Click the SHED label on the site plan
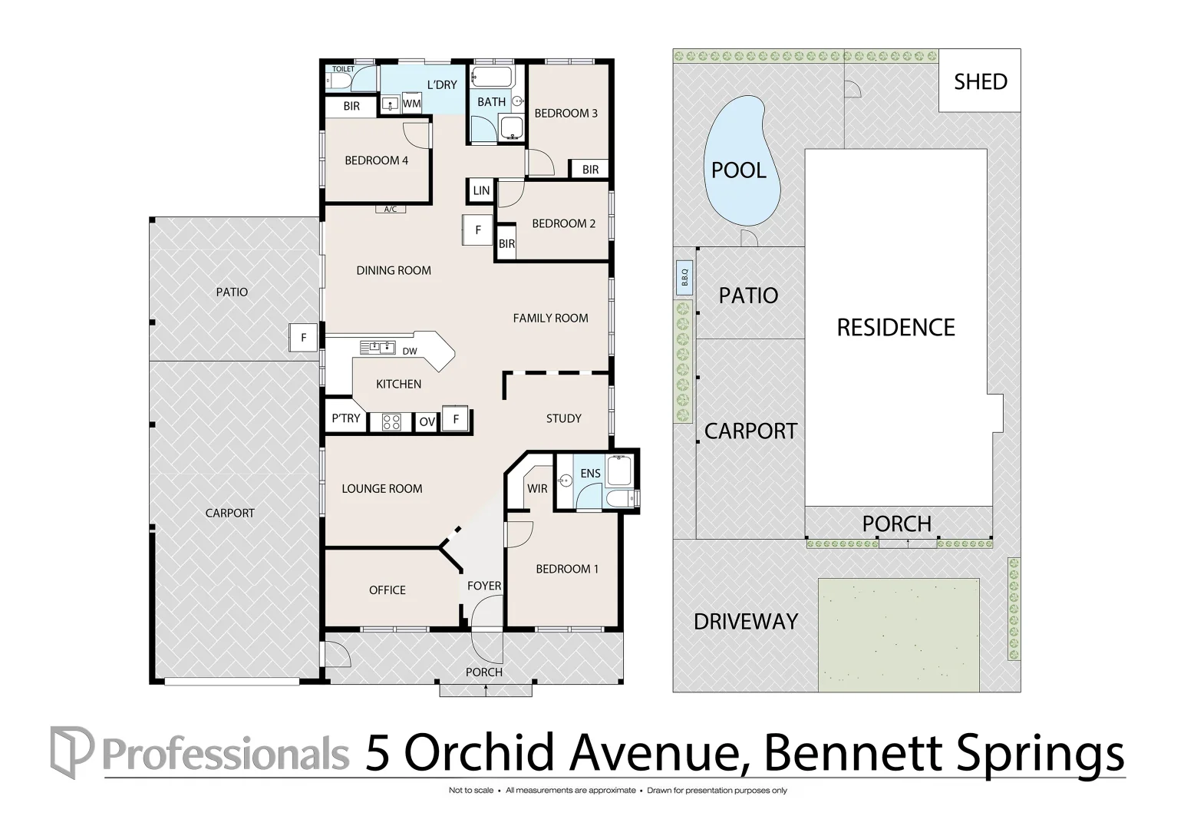pyautogui.click(x=981, y=82)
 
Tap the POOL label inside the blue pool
pyautogui.click(x=738, y=170)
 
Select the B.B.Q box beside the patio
pyautogui.click(x=684, y=278)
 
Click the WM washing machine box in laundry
pyautogui.click(x=412, y=103)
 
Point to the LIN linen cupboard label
pyautogui.click(x=481, y=190)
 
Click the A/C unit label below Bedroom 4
pyautogui.click(x=391, y=210)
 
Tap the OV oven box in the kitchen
pyautogui.click(x=427, y=422)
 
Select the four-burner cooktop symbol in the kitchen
pyautogui.click(x=391, y=422)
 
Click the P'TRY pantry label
pyautogui.click(x=346, y=418)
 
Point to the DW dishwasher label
pyautogui.click(x=410, y=351)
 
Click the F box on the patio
pyautogui.click(x=303, y=337)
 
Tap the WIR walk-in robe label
pyautogui.click(x=537, y=488)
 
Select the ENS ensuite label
pyautogui.click(x=590, y=473)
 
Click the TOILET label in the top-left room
pyautogui.click(x=344, y=69)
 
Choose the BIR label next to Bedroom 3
pyautogui.click(x=590, y=170)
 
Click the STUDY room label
pyautogui.click(x=563, y=419)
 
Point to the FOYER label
pyautogui.click(x=484, y=586)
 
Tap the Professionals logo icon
pyautogui.click(x=72, y=752)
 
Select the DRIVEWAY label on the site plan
pyautogui.click(x=746, y=622)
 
